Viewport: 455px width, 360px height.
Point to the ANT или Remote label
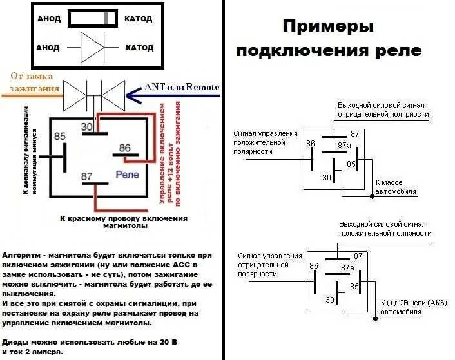[x=182, y=87]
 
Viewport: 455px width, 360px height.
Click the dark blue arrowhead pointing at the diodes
[x=132, y=96]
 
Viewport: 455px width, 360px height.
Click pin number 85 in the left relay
[x=60, y=137]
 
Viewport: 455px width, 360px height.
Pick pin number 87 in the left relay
[x=86, y=176]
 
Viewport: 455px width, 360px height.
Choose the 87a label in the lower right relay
[x=347, y=267]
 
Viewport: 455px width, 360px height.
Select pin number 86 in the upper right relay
[x=311, y=143]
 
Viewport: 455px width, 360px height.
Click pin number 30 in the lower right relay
[x=330, y=299]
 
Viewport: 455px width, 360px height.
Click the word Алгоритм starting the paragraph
[x=23, y=255]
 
